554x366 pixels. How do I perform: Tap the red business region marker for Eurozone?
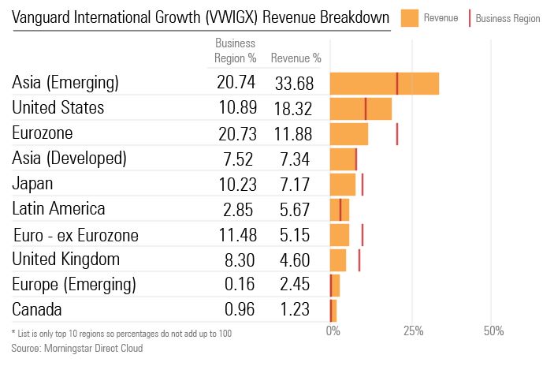pos(397,133)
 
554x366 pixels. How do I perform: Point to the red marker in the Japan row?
pos(363,185)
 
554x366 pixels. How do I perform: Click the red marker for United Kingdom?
pos(359,260)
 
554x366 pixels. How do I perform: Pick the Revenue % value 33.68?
pos(295,83)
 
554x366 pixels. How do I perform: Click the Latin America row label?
pos(59,209)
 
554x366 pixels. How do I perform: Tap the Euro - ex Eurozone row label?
pos(76,235)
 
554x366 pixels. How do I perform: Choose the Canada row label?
pos(37,310)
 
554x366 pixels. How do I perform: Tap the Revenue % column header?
pos(295,58)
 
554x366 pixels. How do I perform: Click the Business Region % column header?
pos(236,51)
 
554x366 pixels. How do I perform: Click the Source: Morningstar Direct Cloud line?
pos(77,348)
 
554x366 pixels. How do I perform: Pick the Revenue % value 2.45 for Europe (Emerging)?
pos(295,285)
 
